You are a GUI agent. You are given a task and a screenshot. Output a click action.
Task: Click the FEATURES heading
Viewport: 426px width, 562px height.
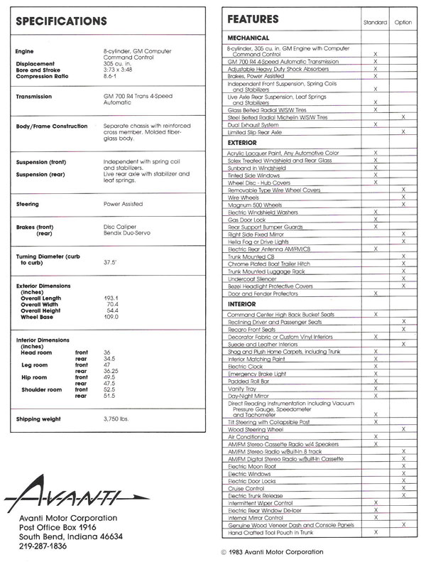[x=253, y=19]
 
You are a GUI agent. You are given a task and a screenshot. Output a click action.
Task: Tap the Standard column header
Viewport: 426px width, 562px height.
[x=375, y=23]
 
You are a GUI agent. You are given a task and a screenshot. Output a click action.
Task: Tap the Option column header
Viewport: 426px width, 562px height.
[x=403, y=23]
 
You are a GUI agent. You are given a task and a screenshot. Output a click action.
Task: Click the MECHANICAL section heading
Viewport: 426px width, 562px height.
[x=248, y=38]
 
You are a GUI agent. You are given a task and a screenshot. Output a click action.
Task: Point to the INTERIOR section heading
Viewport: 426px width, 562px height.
[x=241, y=304]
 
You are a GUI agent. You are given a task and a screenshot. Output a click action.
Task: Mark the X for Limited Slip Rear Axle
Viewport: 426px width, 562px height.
[x=403, y=132]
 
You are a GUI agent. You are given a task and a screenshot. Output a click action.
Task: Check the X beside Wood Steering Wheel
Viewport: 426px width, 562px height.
[x=403, y=429]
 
